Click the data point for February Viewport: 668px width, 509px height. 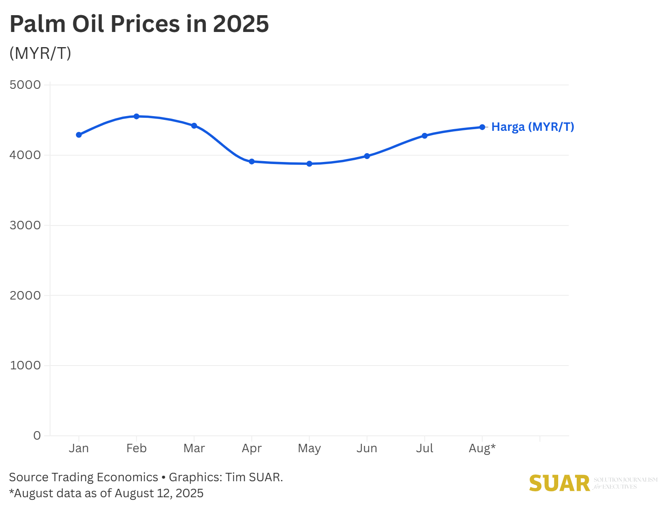tap(136, 117)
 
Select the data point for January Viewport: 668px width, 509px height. tap(79, 135)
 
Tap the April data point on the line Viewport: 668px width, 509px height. tap(252, 162)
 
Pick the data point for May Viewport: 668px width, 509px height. tap(309, 164)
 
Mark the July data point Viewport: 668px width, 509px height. tap(424, 136)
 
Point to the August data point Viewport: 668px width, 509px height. tap(482, 127)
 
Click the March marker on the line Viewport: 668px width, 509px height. tap(194, 126)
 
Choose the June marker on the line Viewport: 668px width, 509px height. tap(367, 156)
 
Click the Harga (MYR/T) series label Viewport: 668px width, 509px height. tap(533, 127)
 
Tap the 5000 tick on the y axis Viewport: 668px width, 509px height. tap(25, 85)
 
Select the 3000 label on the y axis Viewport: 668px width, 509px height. tap(25, 225)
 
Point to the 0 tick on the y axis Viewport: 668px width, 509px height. tap(37, 436)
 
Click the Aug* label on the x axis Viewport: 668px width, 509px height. tap(482, 448)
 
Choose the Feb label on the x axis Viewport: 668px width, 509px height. tap(136, 448)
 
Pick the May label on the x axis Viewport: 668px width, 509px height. tap(309, 448)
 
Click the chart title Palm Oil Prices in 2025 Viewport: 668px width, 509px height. tap(139, 24)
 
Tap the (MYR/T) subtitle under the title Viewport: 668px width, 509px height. tap(40, 53)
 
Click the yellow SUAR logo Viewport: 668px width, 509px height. tap(559, 483)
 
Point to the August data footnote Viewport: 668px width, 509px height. tap(106, 493)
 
